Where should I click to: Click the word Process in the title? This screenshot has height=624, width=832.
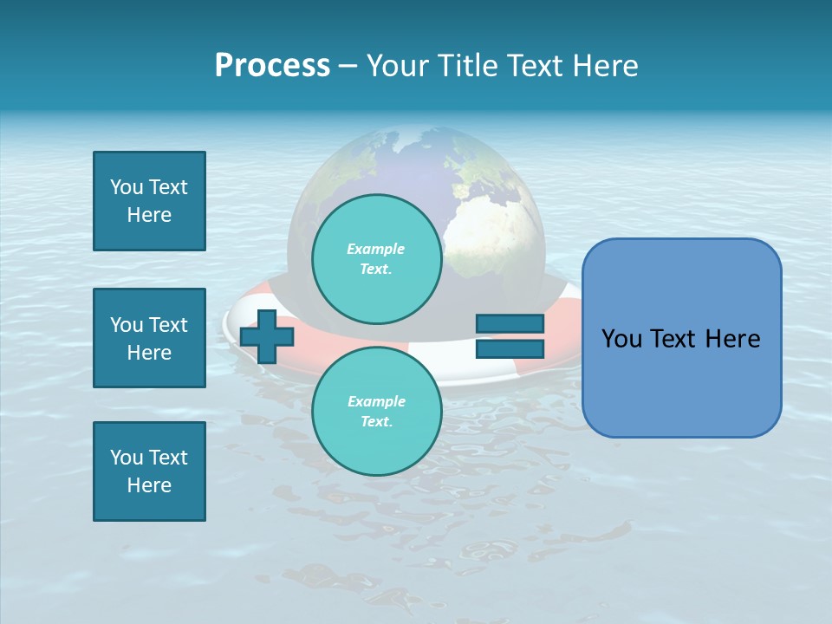click(272, 66)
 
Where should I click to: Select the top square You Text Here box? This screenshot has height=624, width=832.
click(149, 201)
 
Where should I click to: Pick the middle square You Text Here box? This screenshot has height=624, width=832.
click(149, 338)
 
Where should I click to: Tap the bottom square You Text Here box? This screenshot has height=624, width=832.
click(149, 471)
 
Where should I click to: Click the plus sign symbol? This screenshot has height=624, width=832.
click(266, 336)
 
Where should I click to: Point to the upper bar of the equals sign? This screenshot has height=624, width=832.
click(510, 323)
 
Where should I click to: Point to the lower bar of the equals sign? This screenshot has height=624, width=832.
click(510, 348)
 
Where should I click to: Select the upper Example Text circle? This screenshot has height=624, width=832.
click(376, 259)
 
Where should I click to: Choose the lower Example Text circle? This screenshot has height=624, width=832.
click(376, 412)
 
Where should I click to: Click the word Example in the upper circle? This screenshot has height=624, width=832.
click(376, 249)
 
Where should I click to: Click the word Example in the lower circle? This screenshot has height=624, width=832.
click(376, 401)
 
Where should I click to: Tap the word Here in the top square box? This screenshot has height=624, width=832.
click(149, 215)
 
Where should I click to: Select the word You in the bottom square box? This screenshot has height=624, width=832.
click(127, 458)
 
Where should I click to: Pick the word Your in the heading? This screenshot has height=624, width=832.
click(395, 66)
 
